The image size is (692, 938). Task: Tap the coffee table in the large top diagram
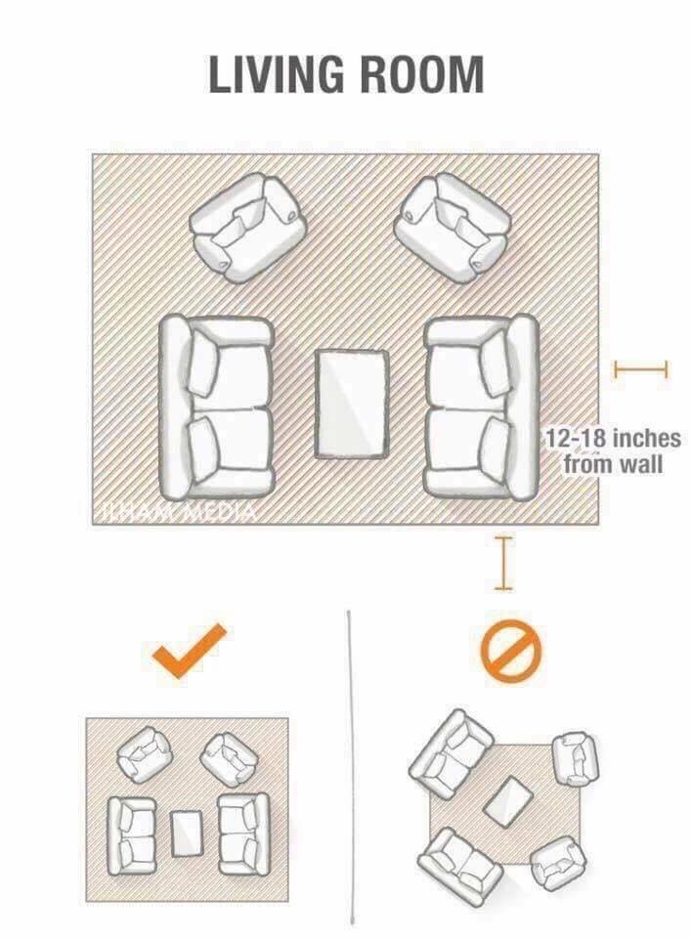coord(352,405)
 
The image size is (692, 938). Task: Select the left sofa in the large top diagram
coord(215,408)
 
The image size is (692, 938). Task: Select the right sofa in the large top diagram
coord(481,408)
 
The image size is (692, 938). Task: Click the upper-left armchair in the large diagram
coord(248,228)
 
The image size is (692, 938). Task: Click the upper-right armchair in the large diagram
coord(452,228)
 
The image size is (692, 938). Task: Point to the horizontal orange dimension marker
coord(640,369)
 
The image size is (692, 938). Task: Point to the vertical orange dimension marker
coord(503,564)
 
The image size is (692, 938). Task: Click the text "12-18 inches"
coord(613,439)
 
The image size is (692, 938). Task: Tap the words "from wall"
coord(613,463)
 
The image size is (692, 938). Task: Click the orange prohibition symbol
coord(510,651)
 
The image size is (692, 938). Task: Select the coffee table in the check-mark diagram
coord(186,833)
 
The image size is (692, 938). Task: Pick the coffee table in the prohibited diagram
coord(508,801)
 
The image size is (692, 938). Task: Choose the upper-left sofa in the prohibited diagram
coord(452,754)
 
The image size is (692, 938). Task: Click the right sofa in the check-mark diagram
coord(242,833)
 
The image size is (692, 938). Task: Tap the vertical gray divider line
coord(350,767)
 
